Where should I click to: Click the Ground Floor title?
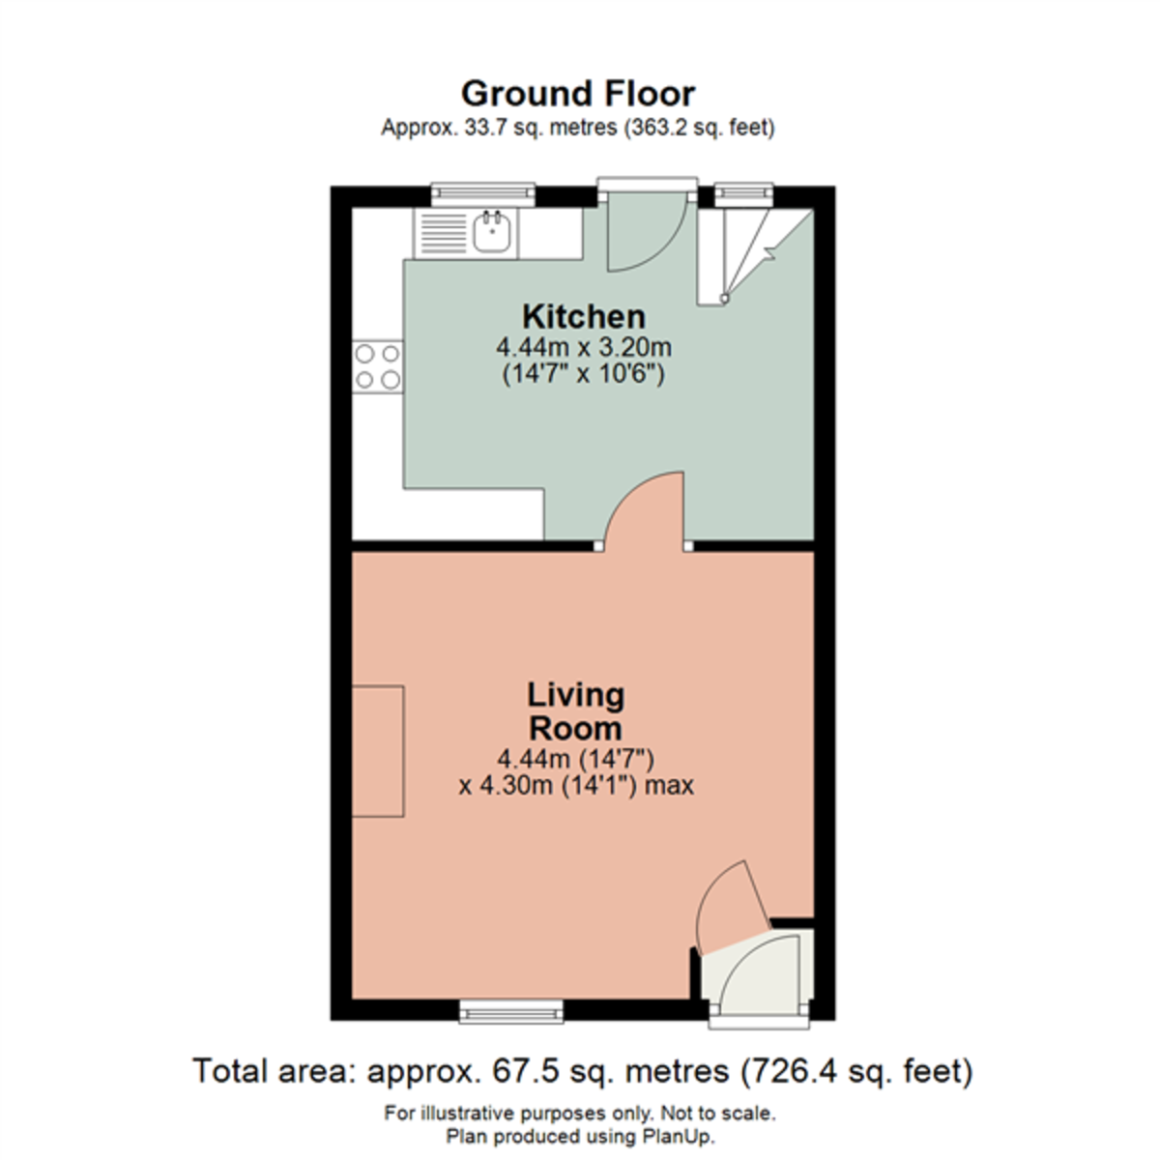pos(578,94)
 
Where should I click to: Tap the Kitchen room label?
pos(583,316)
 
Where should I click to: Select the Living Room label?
pos(575,710)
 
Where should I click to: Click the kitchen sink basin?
pos(493,232)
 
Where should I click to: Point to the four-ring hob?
pos(378,366)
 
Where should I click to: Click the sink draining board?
pos(444,233)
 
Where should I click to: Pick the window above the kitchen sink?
pos(482,194)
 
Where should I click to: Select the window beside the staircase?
pos(743,194)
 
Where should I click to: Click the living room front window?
pos(511,1011)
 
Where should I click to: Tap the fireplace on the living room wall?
pos(377,750)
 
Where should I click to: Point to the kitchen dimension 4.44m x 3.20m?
pos(583,346)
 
